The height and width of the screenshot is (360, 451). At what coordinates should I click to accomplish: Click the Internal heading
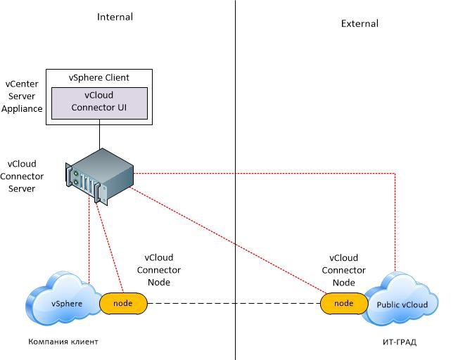point(115,16)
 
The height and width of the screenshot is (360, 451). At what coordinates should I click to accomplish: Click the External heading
point(360,23)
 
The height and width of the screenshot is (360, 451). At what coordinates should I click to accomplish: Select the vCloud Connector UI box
point(99,101)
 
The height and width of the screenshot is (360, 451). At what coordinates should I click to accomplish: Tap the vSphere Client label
point(99,77)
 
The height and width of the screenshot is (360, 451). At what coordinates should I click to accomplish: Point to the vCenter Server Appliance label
point(23,96)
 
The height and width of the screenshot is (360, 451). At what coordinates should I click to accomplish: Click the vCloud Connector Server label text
point(23,176)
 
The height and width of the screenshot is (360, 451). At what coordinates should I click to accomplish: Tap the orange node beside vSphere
point(123,303)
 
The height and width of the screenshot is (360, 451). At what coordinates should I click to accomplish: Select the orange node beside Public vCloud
point(343,303)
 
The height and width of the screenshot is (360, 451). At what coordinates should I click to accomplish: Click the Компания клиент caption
point(63,342)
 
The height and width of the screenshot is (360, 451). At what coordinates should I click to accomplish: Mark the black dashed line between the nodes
point(232,304)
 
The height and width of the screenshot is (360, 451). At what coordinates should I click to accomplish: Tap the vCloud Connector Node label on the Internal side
point(158,270)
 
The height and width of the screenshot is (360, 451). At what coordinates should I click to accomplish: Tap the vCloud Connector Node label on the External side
point(343,270)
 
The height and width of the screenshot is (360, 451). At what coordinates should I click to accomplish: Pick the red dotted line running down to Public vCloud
point(395,225)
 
